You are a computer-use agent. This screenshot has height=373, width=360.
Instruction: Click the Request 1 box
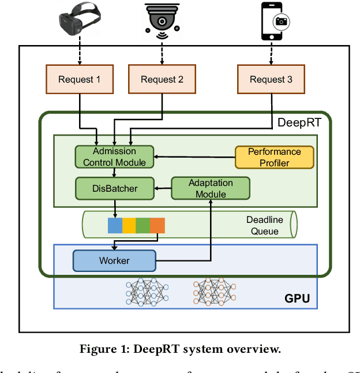click(x=79, y=79)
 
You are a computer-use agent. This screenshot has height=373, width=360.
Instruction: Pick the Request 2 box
click(x=162, y=79)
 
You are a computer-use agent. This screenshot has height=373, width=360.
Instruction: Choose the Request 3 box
click(x=271, y=79)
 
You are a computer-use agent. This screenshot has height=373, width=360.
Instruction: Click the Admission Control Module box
click(x=115, y=156)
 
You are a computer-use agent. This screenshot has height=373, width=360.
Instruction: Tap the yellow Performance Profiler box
click(x=274, y=156)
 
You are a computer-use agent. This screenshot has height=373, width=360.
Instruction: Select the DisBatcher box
click(x=115, y=187)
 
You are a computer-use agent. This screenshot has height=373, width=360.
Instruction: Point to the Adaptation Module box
click(x=211, y=188)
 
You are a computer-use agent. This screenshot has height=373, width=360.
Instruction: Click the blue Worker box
click(x=114, y=260)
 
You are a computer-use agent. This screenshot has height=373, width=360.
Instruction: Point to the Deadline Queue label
click(x=265, y=225)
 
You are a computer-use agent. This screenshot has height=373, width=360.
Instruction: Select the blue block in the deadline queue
click(x=115, y=225)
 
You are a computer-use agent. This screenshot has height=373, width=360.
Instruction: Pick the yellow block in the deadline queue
click(x=129, y=225)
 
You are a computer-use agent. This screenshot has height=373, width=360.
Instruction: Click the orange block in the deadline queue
click(x=157, y=225)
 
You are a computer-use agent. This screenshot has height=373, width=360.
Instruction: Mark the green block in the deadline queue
click(x=143, y=225)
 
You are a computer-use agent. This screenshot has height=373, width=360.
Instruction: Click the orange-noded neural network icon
click(x=215, y=292)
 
